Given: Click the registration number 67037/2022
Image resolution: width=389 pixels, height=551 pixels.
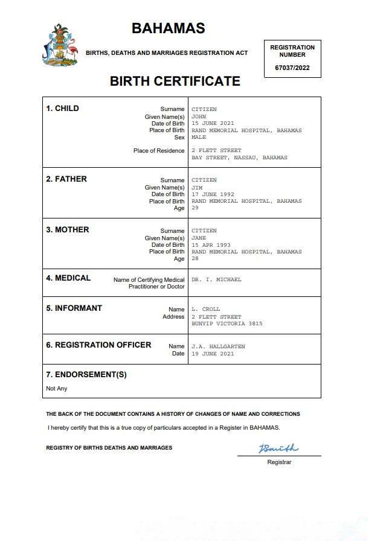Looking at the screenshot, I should (x=292, y=68).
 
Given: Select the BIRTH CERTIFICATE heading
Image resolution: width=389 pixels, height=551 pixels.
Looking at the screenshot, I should (x=175, y=81).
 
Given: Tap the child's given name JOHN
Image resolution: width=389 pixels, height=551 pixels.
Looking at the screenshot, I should (x=199, y=116).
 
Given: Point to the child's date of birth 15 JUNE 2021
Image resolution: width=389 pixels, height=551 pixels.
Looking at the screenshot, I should (x=213, y=123).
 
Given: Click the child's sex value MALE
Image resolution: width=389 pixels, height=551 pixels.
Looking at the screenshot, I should (x=199, y=137).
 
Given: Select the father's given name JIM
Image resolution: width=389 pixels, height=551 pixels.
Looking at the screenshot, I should (x=197, y=187).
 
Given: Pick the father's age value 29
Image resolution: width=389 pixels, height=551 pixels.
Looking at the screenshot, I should (x=195, y=208).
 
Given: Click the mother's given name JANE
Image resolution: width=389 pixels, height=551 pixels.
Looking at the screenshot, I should (x=199, y=238).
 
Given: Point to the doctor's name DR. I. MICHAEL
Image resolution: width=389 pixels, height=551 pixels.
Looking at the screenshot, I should (x=216, y=280).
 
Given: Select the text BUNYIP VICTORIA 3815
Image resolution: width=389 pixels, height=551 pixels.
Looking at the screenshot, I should (x=227, y=324).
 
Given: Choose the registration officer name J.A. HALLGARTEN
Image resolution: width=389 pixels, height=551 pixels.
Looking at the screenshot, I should (x=218, y=346).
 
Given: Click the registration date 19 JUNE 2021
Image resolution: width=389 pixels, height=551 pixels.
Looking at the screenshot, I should (x=213, y=354).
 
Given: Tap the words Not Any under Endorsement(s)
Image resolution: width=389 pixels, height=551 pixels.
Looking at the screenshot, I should (x=57, y=389).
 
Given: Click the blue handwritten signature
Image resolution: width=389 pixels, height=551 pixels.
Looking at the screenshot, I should (x=278, y=448).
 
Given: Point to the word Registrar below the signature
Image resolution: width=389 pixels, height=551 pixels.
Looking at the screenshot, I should (x=279, y=462).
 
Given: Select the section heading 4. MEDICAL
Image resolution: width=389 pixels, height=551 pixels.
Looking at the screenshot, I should (x=68, y=278).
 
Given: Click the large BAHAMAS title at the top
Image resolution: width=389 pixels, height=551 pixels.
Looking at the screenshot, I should (x=168, y=28).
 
